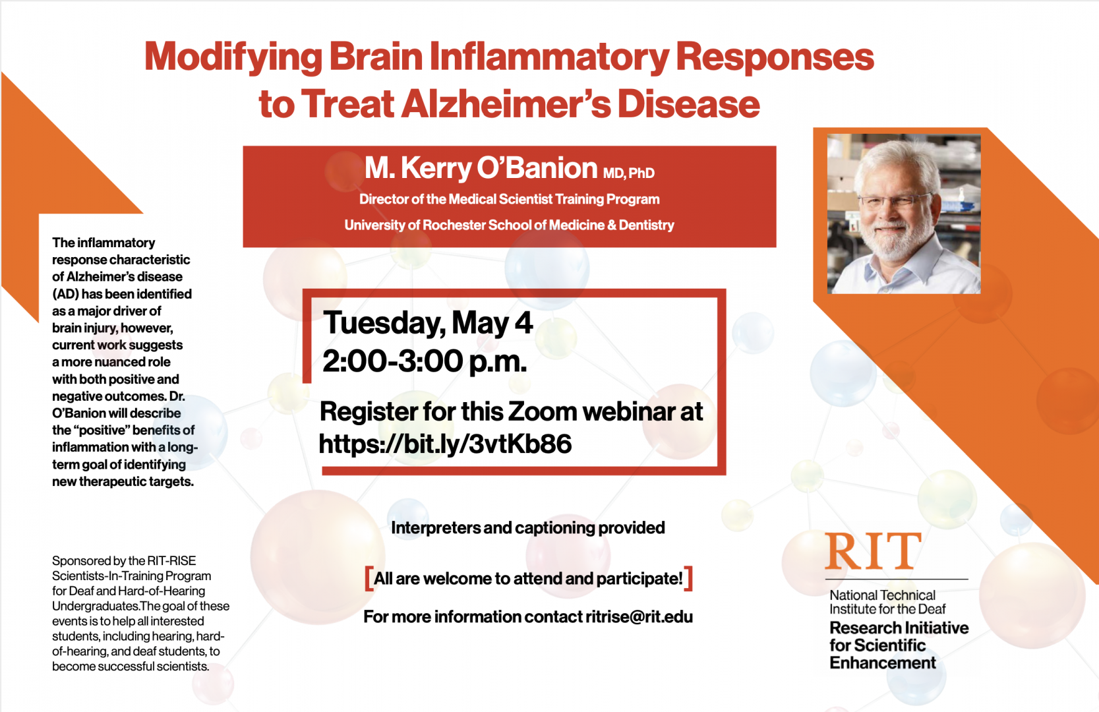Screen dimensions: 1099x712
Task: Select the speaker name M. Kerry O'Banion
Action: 481,168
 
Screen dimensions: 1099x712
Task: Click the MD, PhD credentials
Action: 628,173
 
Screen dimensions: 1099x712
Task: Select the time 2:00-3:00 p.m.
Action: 425,362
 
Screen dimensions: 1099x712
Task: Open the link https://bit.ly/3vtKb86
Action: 445,443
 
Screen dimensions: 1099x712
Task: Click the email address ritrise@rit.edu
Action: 639,617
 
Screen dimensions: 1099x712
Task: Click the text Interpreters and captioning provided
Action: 528,528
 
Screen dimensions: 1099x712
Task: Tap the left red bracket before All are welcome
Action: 369,579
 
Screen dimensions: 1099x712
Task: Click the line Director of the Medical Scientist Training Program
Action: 509,199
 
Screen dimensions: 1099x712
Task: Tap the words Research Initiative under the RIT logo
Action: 899,628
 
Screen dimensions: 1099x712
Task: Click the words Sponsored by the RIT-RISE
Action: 124,561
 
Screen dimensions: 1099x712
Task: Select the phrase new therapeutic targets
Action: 123,482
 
